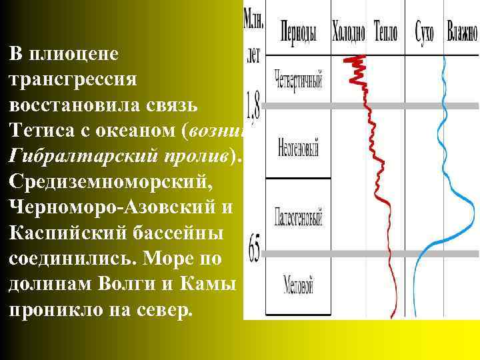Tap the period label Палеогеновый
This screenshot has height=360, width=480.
pyautogui.click(x=298, y=217)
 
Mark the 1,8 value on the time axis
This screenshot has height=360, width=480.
pyautogui.click(x=253, y=103)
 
